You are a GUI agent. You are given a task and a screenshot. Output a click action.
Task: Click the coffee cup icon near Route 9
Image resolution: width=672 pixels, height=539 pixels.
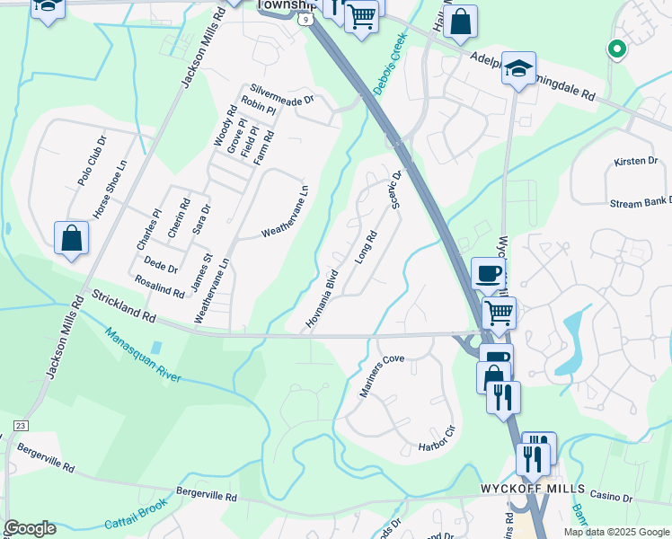point(489,274)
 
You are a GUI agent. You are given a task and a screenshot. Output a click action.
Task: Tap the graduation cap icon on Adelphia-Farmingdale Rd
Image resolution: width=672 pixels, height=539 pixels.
point(518,69)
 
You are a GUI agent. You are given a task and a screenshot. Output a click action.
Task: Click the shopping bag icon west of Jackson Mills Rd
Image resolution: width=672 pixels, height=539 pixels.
point(71,240)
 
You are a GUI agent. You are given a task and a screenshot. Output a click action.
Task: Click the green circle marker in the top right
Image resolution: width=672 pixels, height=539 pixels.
point(616,49)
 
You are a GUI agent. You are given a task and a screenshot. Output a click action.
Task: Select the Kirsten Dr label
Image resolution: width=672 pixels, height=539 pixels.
point(636,161)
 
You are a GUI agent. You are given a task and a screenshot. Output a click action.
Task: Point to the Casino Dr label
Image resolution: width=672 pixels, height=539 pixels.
point(614,497)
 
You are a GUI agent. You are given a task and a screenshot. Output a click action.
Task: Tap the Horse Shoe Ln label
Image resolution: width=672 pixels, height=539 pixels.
point(111,190)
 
